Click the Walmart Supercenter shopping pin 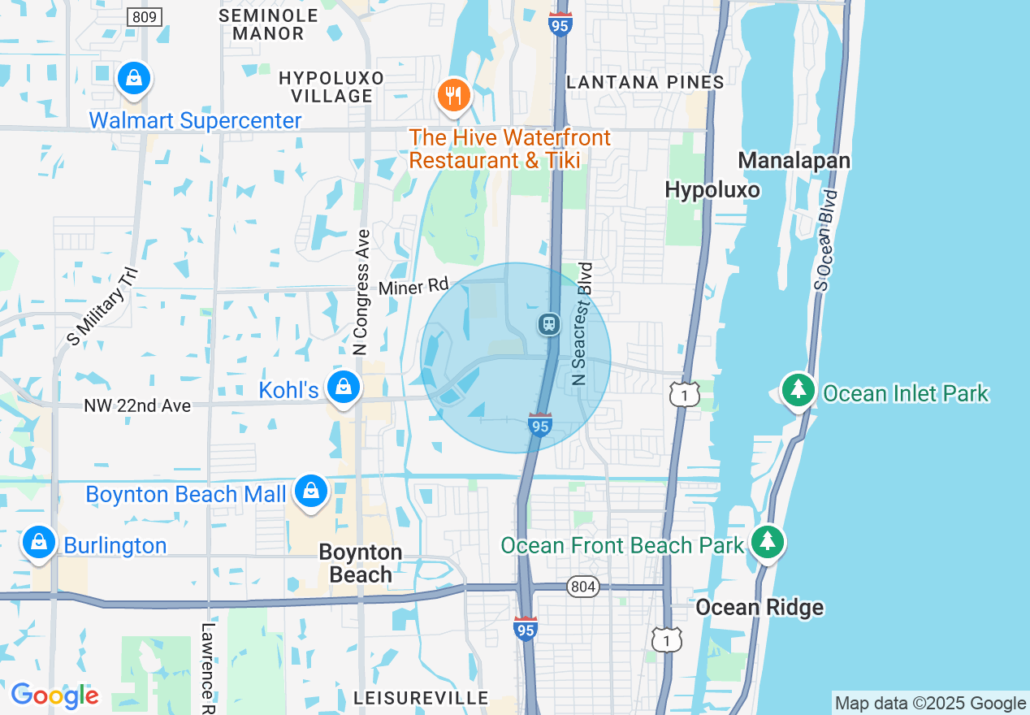pos(134,79)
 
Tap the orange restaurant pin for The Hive pos(454,96)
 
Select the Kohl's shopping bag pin pos(344,388)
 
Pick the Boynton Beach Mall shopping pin pos(310,492)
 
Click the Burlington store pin pos(38,542)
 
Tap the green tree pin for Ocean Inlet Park pos(798,390)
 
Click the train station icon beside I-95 pos(549,324)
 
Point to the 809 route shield pos(145,16)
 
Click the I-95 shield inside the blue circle pos(540,423)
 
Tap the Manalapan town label pos(794,161)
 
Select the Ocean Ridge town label pos(759,608)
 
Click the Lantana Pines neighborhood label pos(645,82)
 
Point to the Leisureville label pos(421,698)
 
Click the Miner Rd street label pos(413,287)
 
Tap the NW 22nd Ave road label pos(137,405)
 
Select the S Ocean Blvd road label pos(824,240)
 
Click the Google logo pos(54,695)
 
